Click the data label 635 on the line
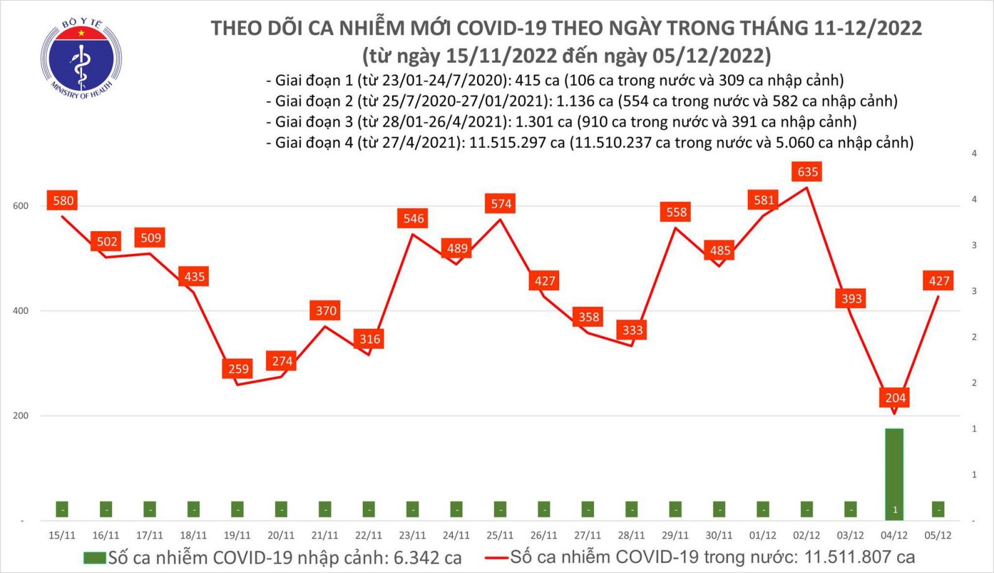(808, 172)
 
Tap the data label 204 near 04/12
(895, 398)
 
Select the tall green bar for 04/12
(895, 472)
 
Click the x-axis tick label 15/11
(62, 535)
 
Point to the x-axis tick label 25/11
(499, 535)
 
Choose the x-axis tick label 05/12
(937, 535)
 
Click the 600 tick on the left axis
(21, 206)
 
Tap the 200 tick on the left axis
(21, 415)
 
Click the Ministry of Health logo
(81, 59)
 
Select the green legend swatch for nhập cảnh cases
(94, 557)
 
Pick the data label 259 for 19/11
(238, 369)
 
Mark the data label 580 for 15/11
(63, 201)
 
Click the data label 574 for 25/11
(501, 203)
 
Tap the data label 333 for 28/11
(632, 329)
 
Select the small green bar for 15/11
(62, 509)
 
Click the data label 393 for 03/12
(851, 298)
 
